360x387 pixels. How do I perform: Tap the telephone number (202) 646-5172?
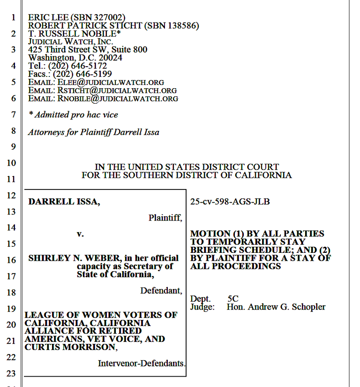pyautogui.click(x=77, y=66)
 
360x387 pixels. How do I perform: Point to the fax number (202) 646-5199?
pyautogui.click(x=82, y=74)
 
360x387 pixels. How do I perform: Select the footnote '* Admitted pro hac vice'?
pyautogui.click(x=73, y=114)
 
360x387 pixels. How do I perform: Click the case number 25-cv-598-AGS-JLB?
pyautogui.click(x=230, y=202)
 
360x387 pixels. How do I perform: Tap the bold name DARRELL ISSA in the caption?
pyautogui.click(x=64, y=202)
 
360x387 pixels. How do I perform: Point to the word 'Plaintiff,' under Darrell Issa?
pyautogui.click(x=165, y=218)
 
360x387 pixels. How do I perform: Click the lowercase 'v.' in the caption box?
pyautogui.click(x=80, y=234)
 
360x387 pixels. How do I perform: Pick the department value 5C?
pyautogui.click(x=233, y=299)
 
